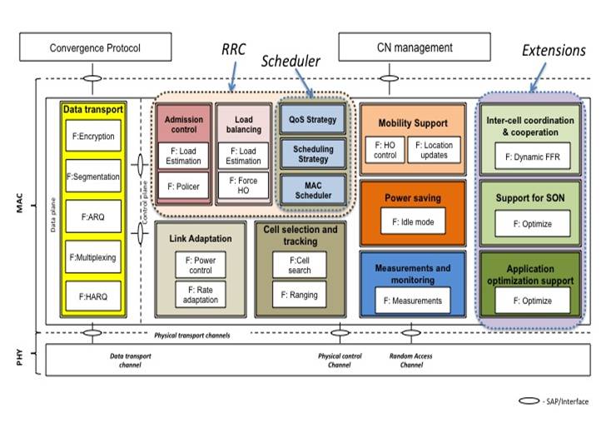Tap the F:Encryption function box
click(92, 137)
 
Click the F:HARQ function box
click(92, 296)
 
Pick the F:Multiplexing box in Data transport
click(92, 257)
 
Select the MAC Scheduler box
click(312, 189)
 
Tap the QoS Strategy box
click(312, 119)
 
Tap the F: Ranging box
click(298, 294)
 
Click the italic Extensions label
click(554, 50)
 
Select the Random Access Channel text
click(410, 360)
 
